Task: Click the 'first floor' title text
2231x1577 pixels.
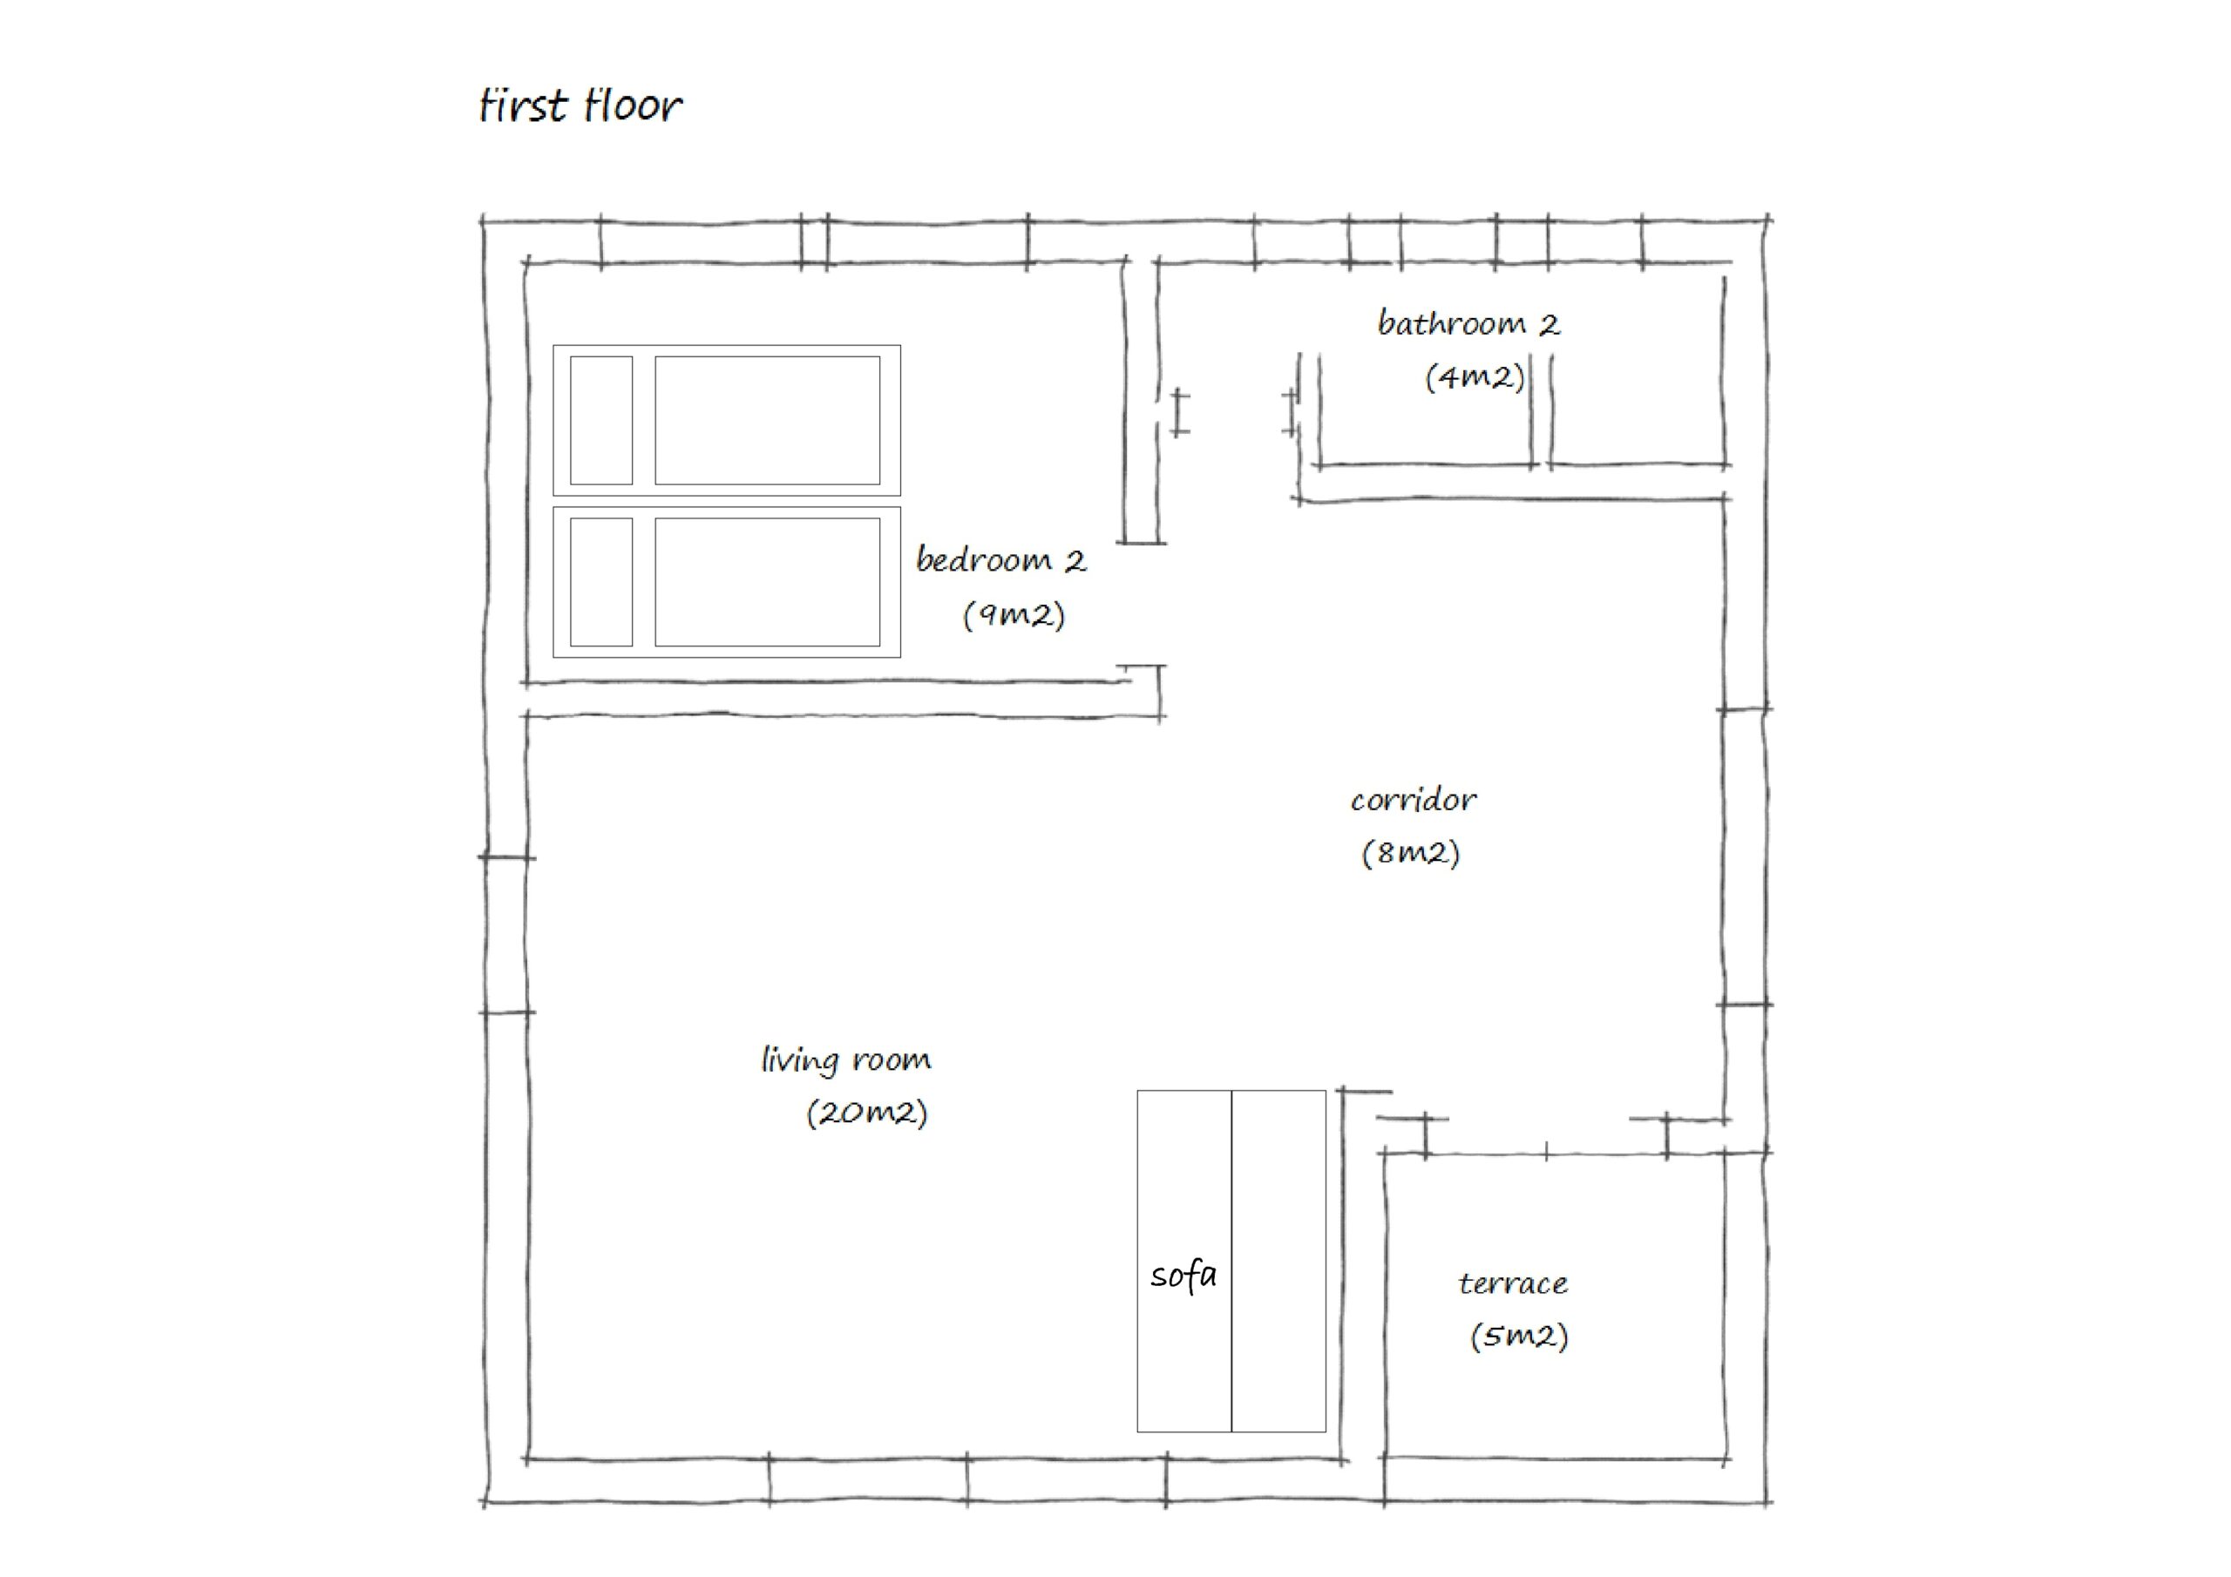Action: (x=581, y=105)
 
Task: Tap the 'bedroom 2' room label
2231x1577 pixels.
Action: (x=1000, y=559)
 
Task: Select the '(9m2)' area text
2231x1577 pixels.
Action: (x=1014, y=614)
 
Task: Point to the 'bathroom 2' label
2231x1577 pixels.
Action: (x=1468, y=322)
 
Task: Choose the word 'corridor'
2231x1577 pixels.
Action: (x=1413, y=800)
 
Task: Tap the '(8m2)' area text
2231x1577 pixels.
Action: (x=1410, y=852)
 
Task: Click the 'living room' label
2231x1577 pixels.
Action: (x=845, y=1059)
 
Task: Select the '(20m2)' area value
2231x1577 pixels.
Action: (x=867, y=1112)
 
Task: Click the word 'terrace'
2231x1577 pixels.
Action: (x=1513, y=1283)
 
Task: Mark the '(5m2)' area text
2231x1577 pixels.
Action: (x=1519, y=1336)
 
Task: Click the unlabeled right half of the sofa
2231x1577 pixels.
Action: (x=1278, y=1262)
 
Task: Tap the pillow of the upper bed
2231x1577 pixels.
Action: (x=601, y=420)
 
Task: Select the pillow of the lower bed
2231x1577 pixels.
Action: (x=601, y=582)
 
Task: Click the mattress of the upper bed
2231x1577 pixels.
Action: (x=768, y=420)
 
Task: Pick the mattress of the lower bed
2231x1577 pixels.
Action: (x=768, y=582)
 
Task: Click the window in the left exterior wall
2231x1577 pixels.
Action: (x=506, y=935)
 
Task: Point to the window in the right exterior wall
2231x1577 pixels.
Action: (x=1746, y=857)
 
